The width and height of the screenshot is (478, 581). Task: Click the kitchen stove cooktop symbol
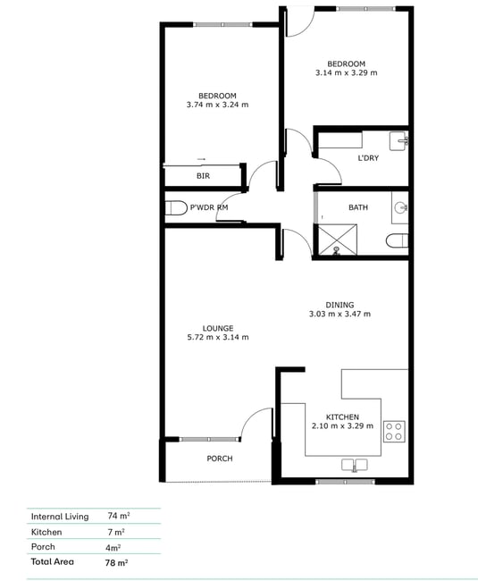coord(394,432)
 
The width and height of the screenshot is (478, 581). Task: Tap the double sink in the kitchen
coord(355,465)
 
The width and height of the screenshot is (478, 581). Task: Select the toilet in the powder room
coord(175,208)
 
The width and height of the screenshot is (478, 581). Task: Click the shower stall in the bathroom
coord(338,240)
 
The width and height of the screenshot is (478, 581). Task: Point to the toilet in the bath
coord(397,240)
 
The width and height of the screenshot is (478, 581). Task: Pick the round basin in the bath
coord(400,207)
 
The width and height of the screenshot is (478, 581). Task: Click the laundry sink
coord(398,141)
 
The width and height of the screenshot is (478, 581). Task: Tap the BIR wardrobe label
coord(203,176)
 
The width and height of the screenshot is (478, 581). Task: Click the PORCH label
coord(220,459)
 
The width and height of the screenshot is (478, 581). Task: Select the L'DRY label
coord(368,158)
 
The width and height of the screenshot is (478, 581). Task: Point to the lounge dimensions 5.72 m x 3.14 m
coord(218,337)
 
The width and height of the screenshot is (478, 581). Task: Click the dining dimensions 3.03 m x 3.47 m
coord(340,314)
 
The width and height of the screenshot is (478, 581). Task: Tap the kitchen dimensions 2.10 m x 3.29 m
coord(342,426)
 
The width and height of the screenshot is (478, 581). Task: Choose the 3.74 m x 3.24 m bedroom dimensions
coord(217,105)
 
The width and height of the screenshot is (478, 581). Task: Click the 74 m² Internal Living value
coord(119,516)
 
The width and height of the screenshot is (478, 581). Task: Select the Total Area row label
coord(52,561)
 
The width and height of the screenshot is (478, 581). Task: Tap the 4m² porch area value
coord(113,547)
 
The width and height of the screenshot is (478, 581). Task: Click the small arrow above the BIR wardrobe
coord(201,159)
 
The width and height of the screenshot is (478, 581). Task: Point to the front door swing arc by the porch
coord(252,416)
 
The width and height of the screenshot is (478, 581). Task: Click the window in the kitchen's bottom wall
coord(345,482)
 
